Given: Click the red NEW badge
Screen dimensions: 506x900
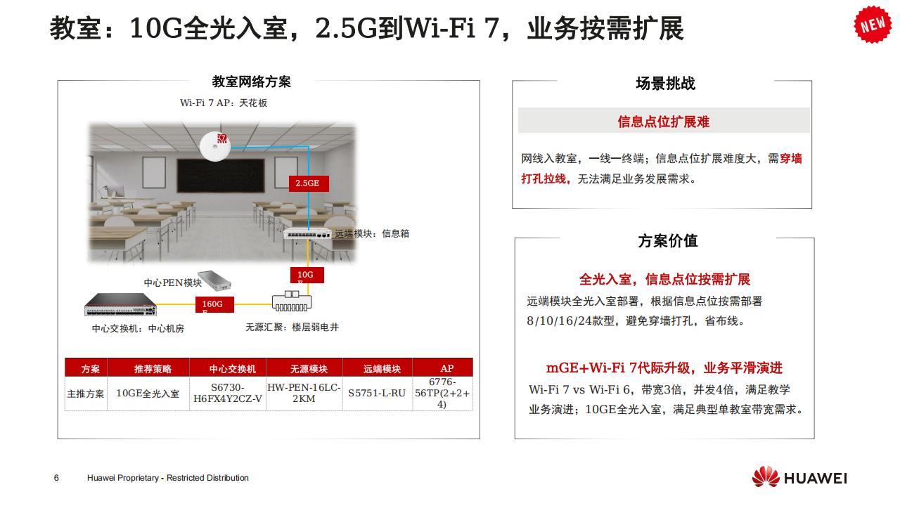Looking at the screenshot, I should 873,23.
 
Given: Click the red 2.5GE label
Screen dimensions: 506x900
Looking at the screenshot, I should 307,183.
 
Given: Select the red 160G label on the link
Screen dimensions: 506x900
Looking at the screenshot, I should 212,304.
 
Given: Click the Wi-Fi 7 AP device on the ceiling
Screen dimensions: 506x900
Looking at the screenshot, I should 214,146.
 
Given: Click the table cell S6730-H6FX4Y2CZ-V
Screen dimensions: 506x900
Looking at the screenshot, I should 226,394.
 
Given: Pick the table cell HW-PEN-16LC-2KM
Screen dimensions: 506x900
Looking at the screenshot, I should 304,393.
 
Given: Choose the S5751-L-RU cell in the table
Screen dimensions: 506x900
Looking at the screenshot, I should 377,394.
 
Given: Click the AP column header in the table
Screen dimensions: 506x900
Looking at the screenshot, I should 446,368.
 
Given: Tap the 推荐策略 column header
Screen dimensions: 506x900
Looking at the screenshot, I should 153,368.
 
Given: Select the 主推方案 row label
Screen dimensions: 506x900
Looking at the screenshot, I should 85,394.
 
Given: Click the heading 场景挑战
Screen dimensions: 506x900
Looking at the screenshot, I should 664,84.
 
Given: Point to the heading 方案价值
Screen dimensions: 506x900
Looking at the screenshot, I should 667,241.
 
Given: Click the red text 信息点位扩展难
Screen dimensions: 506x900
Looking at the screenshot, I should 663,122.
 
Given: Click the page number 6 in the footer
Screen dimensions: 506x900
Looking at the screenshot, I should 56,478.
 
